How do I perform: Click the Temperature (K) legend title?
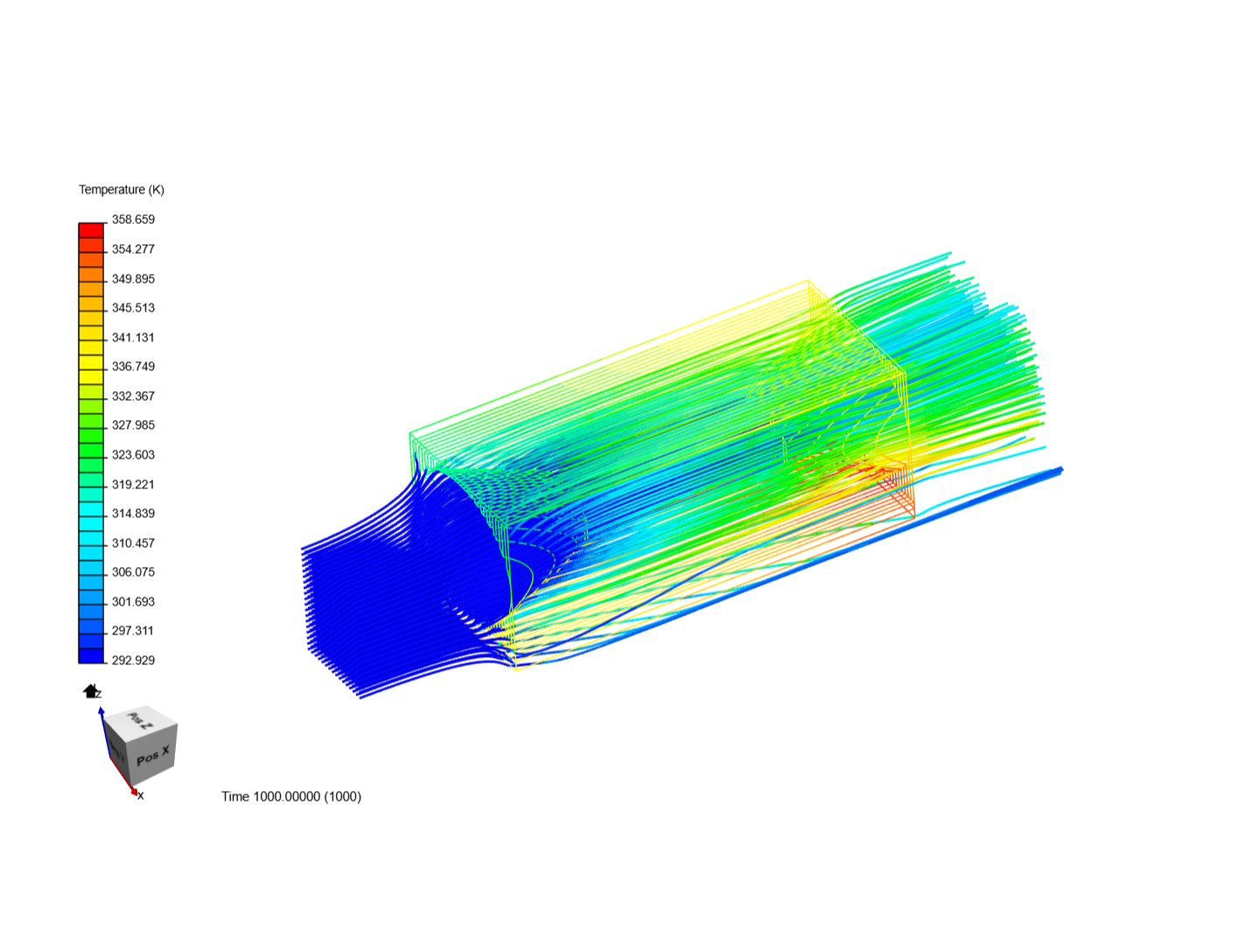click(121, 190)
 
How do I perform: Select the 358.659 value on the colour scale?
click(133, 220)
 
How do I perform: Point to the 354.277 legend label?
click(133, 249)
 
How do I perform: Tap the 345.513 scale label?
click(133, 308)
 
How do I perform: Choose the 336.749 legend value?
click(133, 367)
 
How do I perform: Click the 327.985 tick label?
click(133, 425)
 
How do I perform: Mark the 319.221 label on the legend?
click(133, 485)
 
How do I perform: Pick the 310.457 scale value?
click(133, 543)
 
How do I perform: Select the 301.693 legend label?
click(133, 602)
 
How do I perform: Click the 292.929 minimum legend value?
click(133, 661)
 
